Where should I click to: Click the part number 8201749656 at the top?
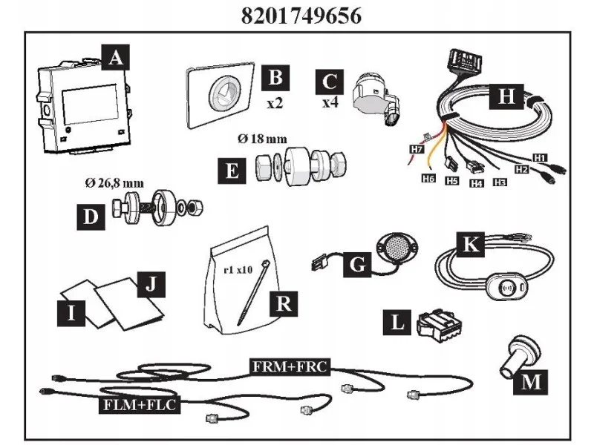(x=301, y=16)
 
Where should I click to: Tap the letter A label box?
(x=116, y=58)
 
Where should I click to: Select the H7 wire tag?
(x=417, y=149)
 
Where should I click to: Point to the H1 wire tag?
(x=540, y=157)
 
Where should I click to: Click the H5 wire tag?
(x=452, y=181)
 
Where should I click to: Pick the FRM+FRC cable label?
(x=290, y=366)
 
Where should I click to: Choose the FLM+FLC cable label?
(x=140, y=404)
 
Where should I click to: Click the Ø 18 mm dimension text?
(x=262, y=139)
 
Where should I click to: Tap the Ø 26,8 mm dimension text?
(x=115, y=183)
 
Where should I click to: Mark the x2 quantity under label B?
(x=275, y=102)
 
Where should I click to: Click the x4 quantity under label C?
(x=330, y=102)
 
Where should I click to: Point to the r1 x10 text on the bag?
(x=238, y=270)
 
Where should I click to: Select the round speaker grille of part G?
(x=396, y=247)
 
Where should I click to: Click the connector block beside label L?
(x=439, y=323)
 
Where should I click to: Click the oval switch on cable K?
(x=506, y=288)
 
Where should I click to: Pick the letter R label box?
(x=284, y=303)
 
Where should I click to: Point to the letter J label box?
(x=151, y=285)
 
